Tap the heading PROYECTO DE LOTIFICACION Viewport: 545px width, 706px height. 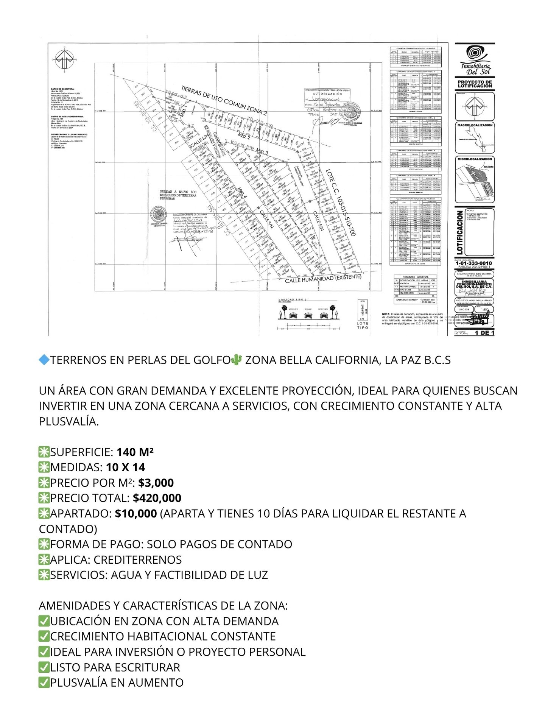click(x=475, y=84)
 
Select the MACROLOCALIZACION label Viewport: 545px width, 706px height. click(x=475, y=125)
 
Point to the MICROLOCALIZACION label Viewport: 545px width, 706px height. click(x=475, y=159)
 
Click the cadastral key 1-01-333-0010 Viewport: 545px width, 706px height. click(x=473, y=263)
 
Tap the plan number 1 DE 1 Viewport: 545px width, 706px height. click(x=484, y=333)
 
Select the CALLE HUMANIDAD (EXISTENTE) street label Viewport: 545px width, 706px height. click(x=323, y=279)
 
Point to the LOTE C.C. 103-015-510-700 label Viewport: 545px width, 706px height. click(x=341, y=203)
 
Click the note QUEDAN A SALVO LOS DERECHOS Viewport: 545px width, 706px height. click(x=178, y=195)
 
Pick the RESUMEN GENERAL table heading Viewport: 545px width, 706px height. click(x=415, y=277)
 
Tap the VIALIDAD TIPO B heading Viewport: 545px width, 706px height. click(x=292, y=299)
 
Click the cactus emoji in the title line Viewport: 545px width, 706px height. click(x=236, y=360)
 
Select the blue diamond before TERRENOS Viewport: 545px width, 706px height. click(x=44, y=360)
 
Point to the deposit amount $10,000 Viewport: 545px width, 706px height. click(x=136, y=514)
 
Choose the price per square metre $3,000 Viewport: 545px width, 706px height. click(x=156, y=483)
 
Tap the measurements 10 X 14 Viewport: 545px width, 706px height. click(x=125, y=468)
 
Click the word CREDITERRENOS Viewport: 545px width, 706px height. click(x=137, y=560)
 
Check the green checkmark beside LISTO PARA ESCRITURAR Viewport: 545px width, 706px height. click(x=44, y=667)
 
